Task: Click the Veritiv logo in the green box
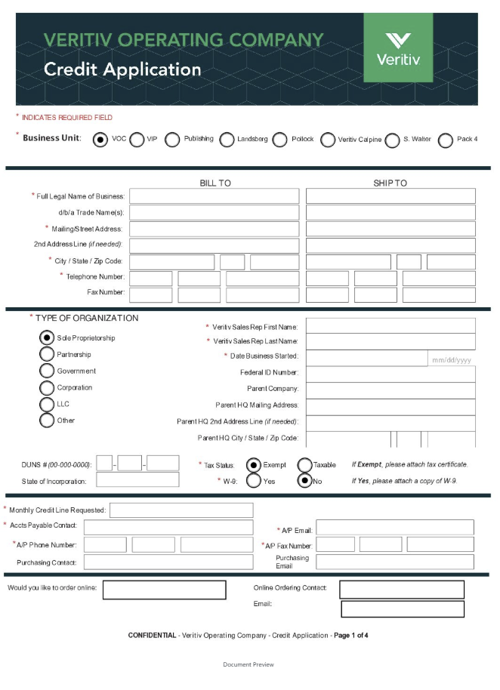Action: click(398, 48)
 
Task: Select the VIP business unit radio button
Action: click(137, 140)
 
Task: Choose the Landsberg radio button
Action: click(227, 140)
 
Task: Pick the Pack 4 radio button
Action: click(446, 140)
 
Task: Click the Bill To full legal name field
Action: click(215, 196)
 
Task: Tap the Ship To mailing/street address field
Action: click(390, 229)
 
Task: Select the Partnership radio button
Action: click(47, 355)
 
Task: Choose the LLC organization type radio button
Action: click(47, 404)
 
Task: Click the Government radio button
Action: click(47, 371)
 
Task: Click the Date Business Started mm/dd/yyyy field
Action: click(451, 359)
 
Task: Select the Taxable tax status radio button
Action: click(305, 465)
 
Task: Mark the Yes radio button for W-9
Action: click(255, 481)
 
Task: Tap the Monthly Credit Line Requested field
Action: click(181, 510)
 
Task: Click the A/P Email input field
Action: click(394, 528)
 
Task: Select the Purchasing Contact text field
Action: click(168, 562)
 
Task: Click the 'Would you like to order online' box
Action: click(164, 590)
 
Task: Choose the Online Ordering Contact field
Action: click(401, 590)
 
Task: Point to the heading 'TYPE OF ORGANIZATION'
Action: click(87, 318)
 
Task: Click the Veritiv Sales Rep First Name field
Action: click(390, 326)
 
